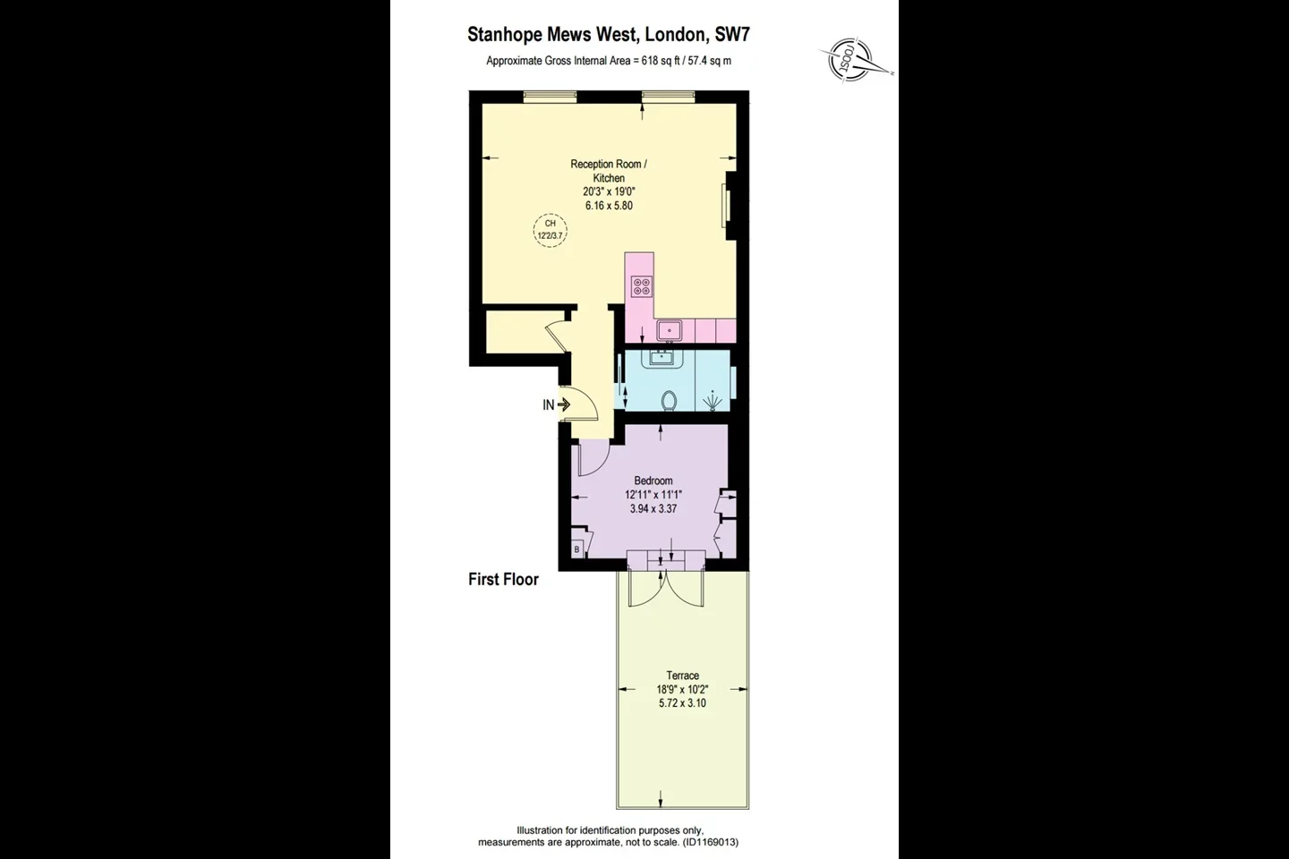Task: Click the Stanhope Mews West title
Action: click(x=609, y=35)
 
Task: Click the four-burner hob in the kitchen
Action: click(x=641, y=286)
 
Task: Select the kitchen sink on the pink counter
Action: click(x=670, y=330)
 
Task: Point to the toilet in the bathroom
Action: click(x=669, y=401)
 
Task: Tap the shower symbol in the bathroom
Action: click(x=713, y=401)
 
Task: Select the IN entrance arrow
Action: click(x=563, y=404)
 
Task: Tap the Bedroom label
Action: click(x=653, y=481)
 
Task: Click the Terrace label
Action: click(x=682, y=676)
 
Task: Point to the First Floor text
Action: click(x=503, y=580)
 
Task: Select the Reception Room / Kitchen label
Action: click(x=609, y=171)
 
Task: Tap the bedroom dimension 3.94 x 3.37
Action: click(x=653, y=508)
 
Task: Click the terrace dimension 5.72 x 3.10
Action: click(x=682, y=703)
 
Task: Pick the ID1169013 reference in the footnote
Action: click(x=710, y=842)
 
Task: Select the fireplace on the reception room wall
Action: click(x=730, y=206)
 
